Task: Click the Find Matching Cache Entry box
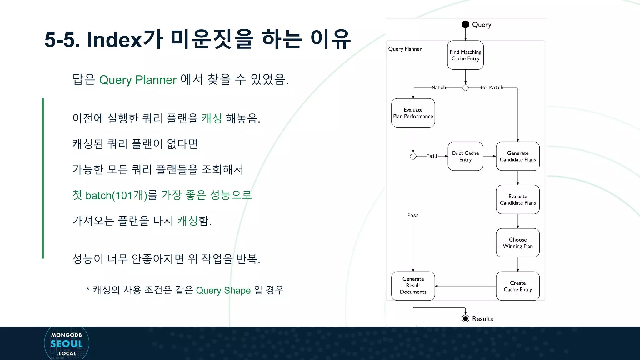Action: tap(465, 55)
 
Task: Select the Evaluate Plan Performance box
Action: tap(413, 113)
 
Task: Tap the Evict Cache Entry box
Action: tap(465, 156)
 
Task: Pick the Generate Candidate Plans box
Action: tap(517, 156)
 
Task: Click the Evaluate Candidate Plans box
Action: tap(517, 200)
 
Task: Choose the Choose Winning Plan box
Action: tap(517, 243)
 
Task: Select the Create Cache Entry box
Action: tap(517, 286)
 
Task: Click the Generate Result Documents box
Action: tap(413, 286)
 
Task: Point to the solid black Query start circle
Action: tap(465, 24)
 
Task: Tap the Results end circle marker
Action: tap(465, 319)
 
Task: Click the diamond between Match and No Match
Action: tap(465, 87)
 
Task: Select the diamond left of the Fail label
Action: tap(413, 156)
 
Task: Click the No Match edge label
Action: tap(492, 87)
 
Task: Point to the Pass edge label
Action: tap(413, 215)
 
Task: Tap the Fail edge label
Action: tap(432, 156)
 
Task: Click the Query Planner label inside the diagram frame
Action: tap(405, 49)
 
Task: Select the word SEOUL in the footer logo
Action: tap(67, 344)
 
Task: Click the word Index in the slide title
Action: tap(114, 40)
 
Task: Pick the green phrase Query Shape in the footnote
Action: tap(223, 291)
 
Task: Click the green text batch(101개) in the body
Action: tap(116, 196)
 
